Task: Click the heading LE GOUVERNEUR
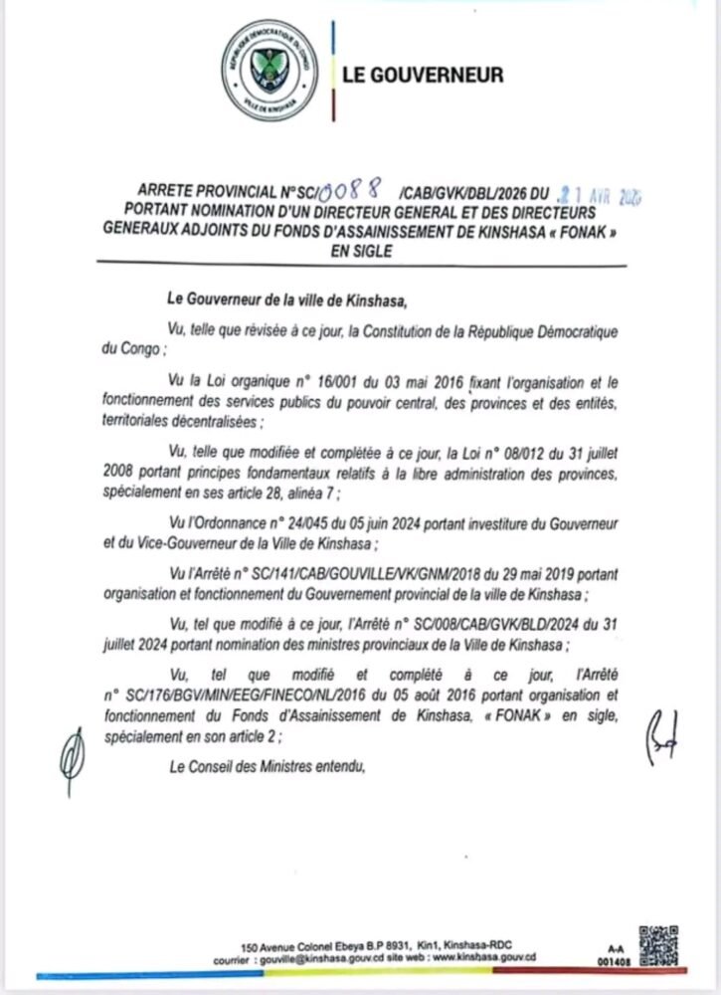click(x=423, y=75)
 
